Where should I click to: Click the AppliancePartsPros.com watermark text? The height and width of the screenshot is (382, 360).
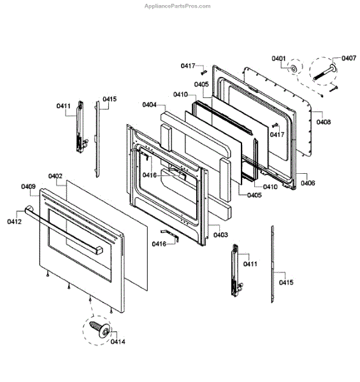click(177, 6)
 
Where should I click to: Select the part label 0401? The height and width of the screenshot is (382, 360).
click(278, 59)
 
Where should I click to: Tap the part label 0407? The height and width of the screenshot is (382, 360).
click(349, 58)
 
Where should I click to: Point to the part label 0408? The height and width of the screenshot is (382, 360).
click(324, 122)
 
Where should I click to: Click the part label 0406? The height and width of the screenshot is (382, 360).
click(308, 183)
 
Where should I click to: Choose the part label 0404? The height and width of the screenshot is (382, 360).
click(149, 105)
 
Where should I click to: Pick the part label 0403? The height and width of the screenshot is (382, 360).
click(220, 235)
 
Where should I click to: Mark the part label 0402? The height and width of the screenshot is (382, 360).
click(55, 176)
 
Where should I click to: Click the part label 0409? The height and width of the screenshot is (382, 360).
click(28, 187)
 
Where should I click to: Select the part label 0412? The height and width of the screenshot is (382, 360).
click(15, 222)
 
